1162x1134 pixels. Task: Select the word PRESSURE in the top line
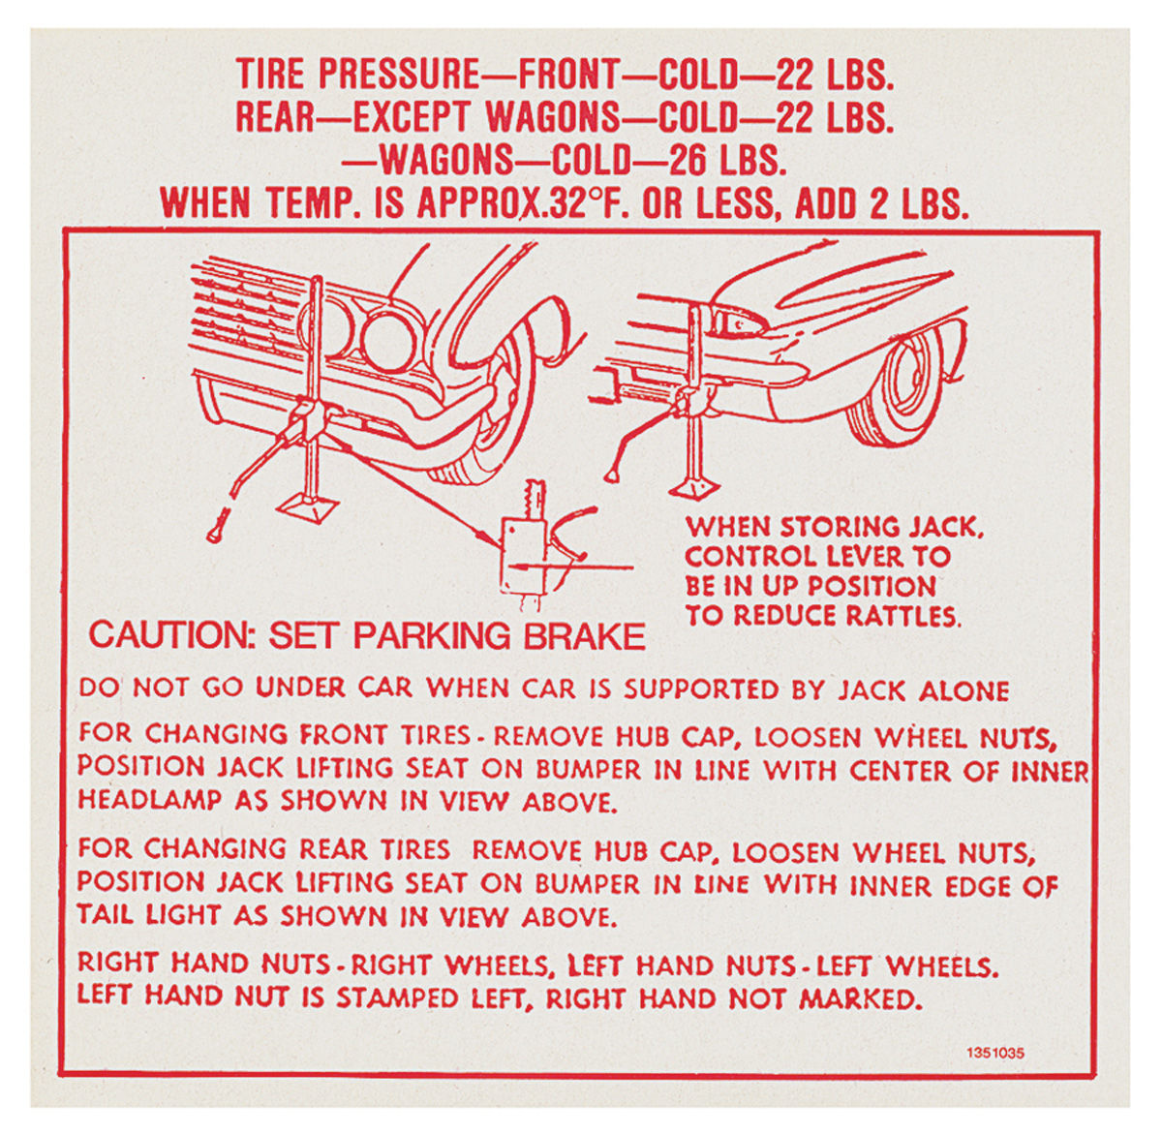[398, 75]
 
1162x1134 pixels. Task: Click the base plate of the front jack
[309, 506]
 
